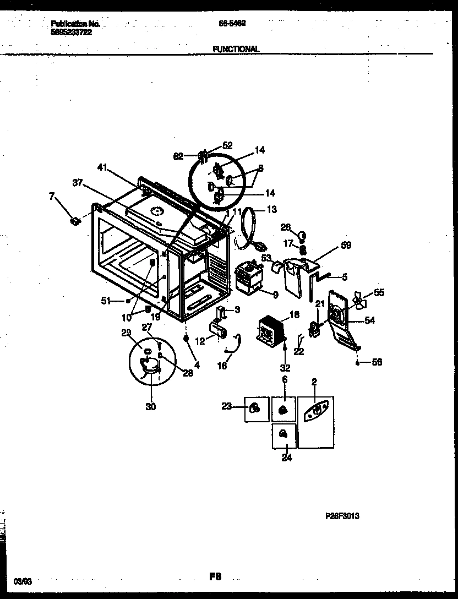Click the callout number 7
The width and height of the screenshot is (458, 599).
53,197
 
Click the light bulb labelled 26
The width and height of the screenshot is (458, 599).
302,236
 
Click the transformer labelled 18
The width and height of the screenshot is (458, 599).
270,331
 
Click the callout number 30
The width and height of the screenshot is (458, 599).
150,407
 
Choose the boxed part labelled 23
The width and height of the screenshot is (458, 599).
254,408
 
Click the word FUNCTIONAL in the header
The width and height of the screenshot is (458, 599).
235,49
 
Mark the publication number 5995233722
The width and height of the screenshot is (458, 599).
71,32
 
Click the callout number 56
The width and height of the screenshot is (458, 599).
377,362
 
